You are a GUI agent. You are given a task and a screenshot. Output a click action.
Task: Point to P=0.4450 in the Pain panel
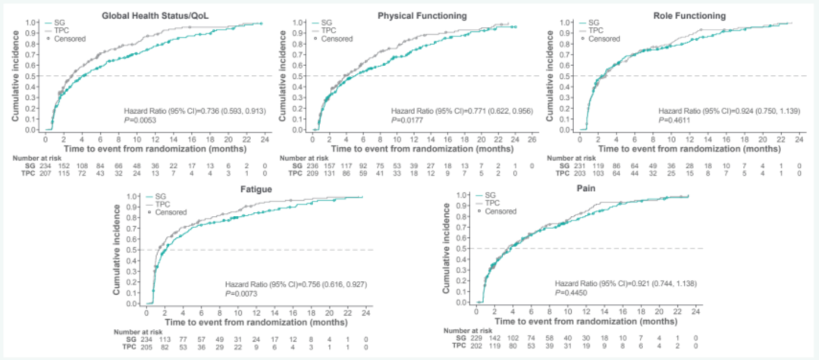tap(573, 293)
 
